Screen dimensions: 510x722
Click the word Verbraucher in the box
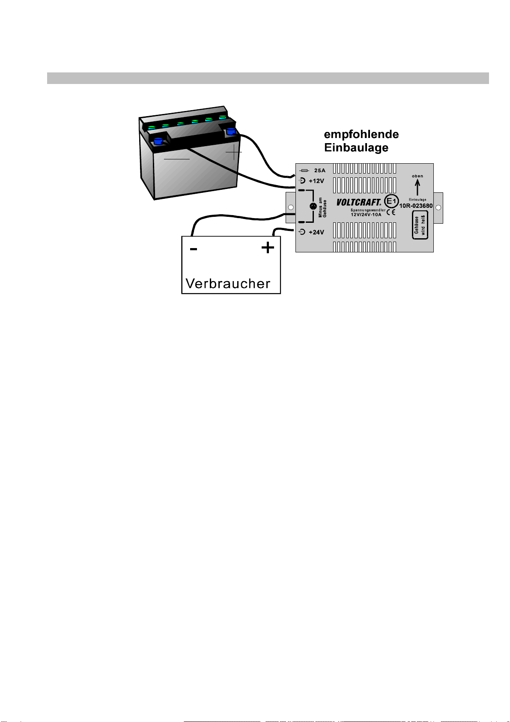(x=228, y=284)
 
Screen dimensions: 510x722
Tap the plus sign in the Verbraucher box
(x=268, y=248)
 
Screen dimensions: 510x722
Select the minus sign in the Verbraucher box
(x=193, y=249)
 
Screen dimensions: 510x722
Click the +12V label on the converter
(x=316, y=181)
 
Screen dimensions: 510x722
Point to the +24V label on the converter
(x=316, y=232)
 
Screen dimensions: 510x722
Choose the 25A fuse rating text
(x=319, y=170)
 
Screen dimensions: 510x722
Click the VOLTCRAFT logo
(x=358, y=202)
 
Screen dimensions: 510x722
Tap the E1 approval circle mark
(x=391, y=201)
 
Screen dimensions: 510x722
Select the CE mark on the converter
(x=391, y=212)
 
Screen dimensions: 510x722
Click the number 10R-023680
(x=416, y=206)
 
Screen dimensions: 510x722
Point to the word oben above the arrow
(x=418, y=176)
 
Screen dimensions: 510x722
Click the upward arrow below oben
(x=418, y=187)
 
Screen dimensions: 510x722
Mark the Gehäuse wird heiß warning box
(x=420, y=225)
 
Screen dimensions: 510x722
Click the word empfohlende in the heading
(x=361, y=135)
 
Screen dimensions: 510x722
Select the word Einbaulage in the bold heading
(x=356, y=148)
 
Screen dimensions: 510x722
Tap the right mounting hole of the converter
(x=438, y=207)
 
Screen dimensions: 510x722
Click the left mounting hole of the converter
(x=291, y=207)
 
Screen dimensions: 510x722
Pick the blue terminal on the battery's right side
(x=230, y=131)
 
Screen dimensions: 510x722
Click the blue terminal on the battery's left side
(x=158, y=141)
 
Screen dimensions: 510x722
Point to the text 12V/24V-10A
(x=366, y=215)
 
